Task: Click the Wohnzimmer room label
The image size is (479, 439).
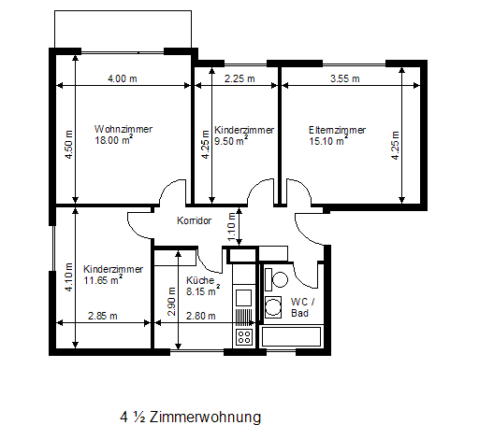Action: coord(123,129)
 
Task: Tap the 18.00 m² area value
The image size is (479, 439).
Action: coord(114,140)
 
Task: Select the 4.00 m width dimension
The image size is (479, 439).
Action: coord(123,78)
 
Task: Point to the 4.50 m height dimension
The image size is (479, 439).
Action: coord(69,145)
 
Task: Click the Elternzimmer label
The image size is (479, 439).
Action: coord(337,130)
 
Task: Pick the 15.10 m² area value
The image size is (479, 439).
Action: coord(328,141)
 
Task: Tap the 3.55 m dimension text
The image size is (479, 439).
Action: coord(345,78)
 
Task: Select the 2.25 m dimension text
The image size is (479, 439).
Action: coord(239,78)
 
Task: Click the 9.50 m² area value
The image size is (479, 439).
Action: coord(231,141)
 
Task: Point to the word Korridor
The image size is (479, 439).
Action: coord(195,220)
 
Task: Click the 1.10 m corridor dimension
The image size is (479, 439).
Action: coord(231,227)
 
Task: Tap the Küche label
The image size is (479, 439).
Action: coord(200,280)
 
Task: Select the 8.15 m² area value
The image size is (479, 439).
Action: coord(203,290)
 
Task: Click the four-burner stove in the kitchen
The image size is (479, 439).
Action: coord(244,336)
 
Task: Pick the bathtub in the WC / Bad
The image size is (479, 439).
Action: coord(291,336)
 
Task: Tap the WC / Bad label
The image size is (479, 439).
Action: coord(303,307)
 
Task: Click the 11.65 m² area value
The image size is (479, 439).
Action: coord(103,280)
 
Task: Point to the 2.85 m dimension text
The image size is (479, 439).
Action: coord(103,316)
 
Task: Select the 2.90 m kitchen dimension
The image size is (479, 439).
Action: coord(172,302)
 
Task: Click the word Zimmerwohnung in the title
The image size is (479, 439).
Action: coord(205,417)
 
